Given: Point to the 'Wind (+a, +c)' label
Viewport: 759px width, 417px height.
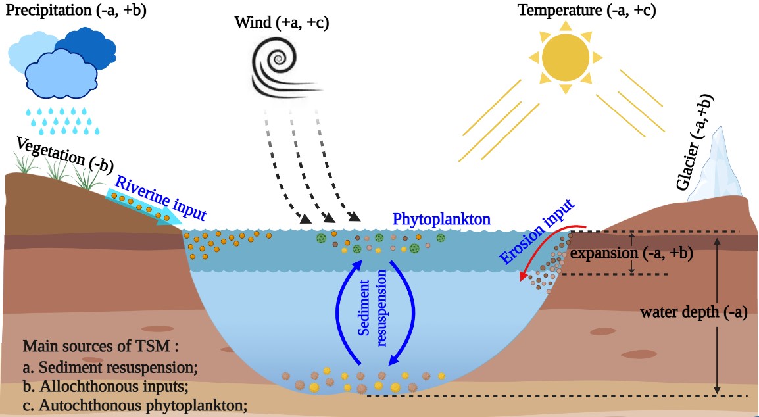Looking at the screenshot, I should click(x=282, y=23).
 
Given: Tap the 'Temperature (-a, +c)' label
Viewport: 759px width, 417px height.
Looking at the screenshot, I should click(x=586, y=10).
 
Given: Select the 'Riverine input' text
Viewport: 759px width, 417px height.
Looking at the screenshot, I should click(x=162, y=195).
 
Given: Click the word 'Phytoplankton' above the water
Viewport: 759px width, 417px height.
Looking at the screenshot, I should click(x=441, y=219).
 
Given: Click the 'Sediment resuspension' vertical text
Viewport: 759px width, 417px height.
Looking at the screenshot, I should click(x=374, y=310).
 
